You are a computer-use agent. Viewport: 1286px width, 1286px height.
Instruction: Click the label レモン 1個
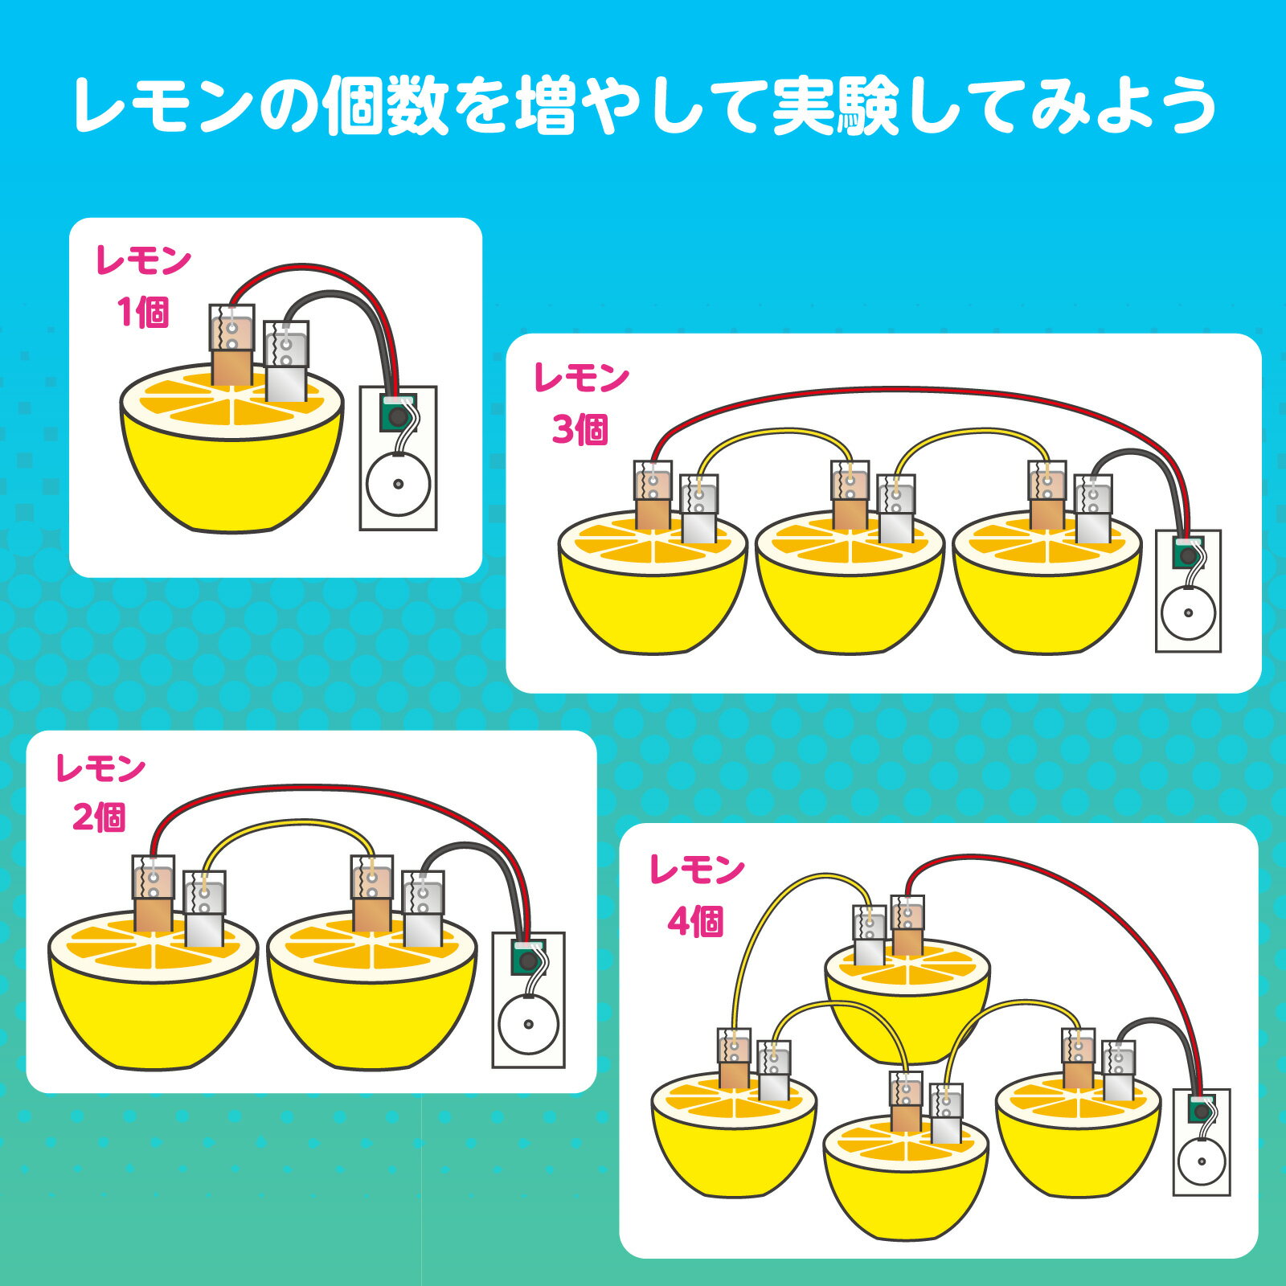tap(143, 286)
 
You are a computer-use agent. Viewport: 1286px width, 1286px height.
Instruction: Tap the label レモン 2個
tap(100, 793)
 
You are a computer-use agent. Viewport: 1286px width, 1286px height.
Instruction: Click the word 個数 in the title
tap(385, 105)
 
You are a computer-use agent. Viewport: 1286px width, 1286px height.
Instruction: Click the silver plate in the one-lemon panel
tap(286, 362)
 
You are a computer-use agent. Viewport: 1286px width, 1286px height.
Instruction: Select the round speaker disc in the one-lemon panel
tap(398, 483)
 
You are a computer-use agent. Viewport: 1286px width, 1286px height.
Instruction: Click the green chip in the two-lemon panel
tap(527, 957)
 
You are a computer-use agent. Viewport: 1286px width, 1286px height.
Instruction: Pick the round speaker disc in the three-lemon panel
tap(1188, 611)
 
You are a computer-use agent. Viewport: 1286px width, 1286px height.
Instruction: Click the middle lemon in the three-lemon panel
tap(850, 583)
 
